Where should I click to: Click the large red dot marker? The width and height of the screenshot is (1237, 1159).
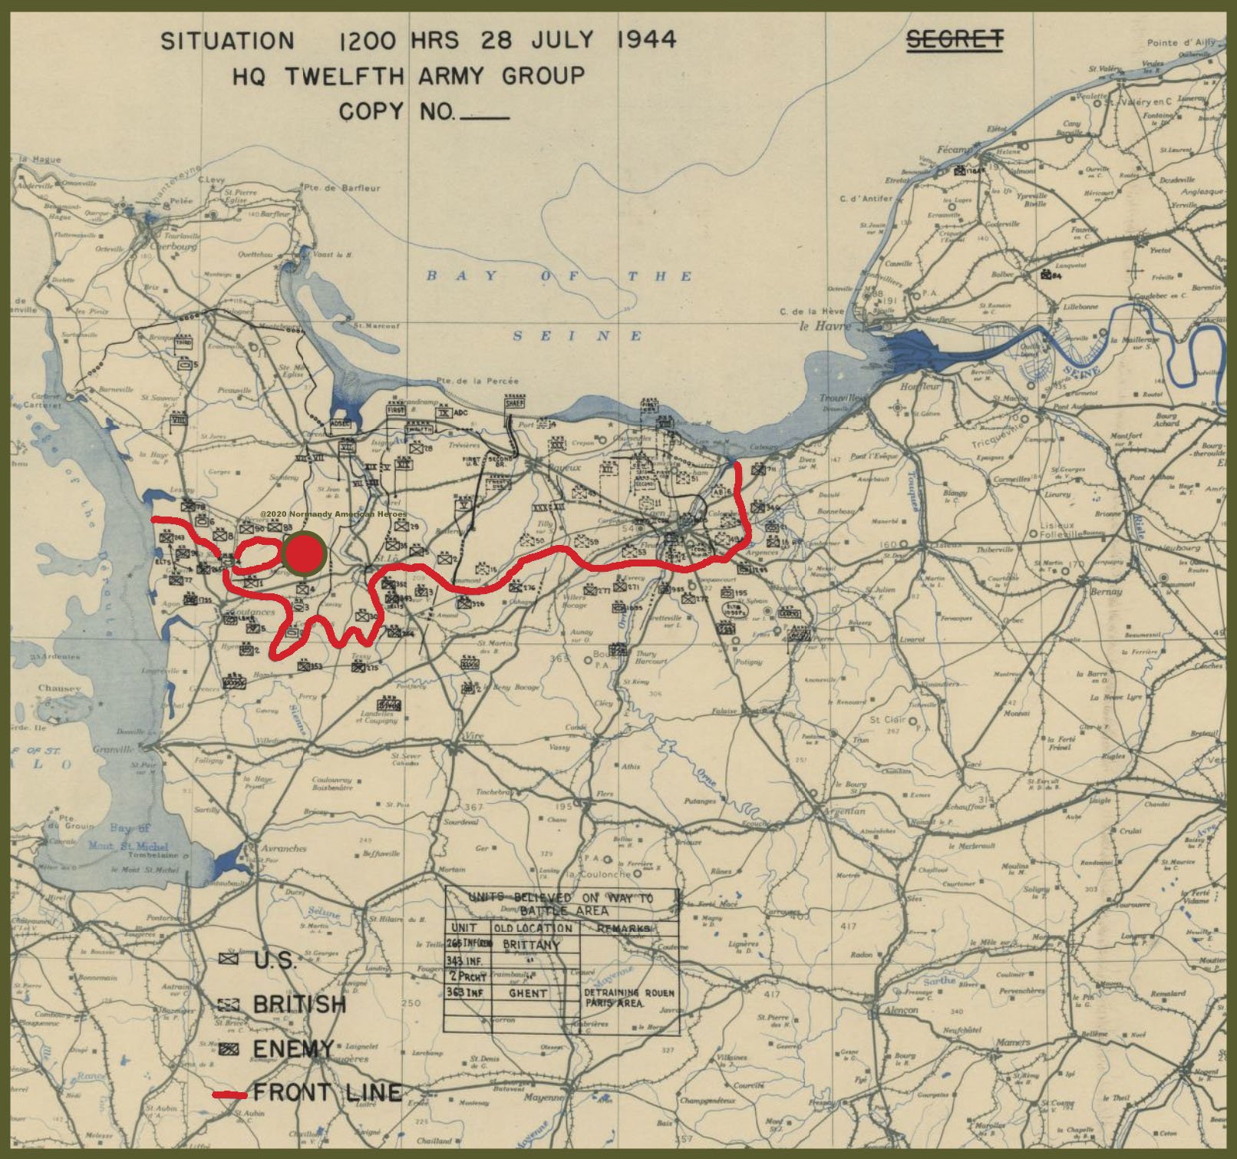tap(305, 553)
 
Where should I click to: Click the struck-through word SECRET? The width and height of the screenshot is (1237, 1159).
tap(955, 40)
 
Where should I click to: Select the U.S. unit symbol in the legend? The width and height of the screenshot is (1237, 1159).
tap(228, 959)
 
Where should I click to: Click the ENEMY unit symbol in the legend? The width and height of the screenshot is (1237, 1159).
tap(228, 1048)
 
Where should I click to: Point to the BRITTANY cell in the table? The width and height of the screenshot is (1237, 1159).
tap(531, 945)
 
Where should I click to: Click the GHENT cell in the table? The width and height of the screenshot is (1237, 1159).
tap(528, 992)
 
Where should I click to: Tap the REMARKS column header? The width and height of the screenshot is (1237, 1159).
tap(622, 928)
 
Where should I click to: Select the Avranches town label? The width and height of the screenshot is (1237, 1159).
tap(283, 848)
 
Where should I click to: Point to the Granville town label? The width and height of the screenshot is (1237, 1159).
tap(113, 749)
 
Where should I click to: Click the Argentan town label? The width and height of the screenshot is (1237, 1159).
tap(844, 811)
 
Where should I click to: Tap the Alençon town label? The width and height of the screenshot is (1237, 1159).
tap(901, 1010)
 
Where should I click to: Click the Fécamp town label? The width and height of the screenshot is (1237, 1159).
tap(954, 150)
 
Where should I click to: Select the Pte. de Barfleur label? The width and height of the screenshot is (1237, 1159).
tap(341, 187)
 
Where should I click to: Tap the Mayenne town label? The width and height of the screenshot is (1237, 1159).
tap(543, 1097)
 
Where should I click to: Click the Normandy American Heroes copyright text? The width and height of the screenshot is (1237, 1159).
tap(333, 514)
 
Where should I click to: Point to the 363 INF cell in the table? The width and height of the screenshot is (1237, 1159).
tap(465, 992)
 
